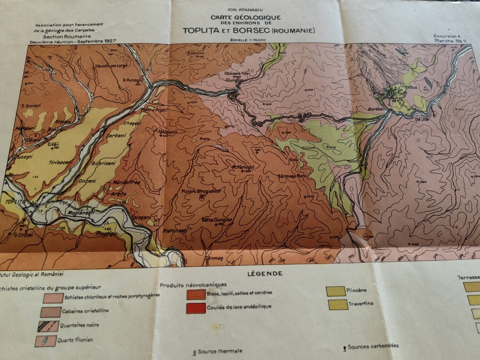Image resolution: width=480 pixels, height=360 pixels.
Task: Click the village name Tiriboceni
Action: click(x=60, y=161)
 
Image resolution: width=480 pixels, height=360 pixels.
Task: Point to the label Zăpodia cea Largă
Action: click(x=111, y=65)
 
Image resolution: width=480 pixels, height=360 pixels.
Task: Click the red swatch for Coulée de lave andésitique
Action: click(x=196, y=308)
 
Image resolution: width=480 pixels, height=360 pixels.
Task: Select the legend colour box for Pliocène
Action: click(x=335, y=291)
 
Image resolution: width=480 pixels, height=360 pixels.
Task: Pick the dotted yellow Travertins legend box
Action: click(x=338, y=304)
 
